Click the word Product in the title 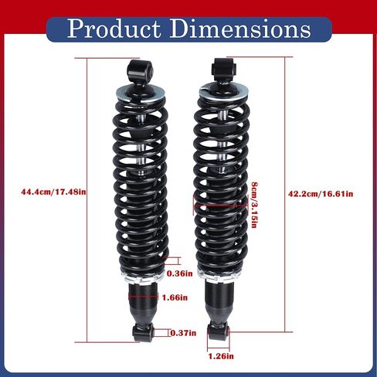(x=114, y=29)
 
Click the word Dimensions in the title (x=240, y=29)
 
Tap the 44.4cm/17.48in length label (x=53, y=192)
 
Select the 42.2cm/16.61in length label (x=321, y=194)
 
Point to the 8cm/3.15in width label (x=254, y=205)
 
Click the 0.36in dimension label (x=179, y=273)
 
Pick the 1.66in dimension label (x=175, y=297)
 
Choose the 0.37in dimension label (x=183, y=333)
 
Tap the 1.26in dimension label (x=221, y=356)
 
